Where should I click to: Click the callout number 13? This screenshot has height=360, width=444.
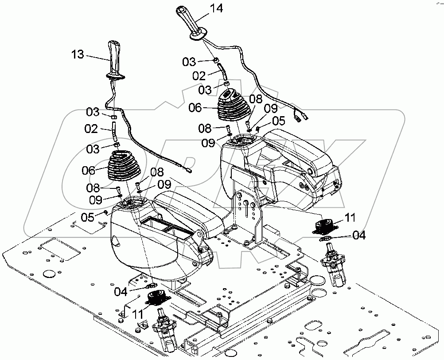coord(77,54)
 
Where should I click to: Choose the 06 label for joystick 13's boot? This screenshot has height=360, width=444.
coord(89,169)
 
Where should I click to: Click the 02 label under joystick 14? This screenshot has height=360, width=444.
coord(199,76)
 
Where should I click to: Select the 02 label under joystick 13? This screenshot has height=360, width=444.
coord(91,129)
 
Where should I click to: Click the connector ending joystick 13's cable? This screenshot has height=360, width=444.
coord(189,168)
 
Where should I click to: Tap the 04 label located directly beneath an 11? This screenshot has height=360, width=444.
coord(359,236)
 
